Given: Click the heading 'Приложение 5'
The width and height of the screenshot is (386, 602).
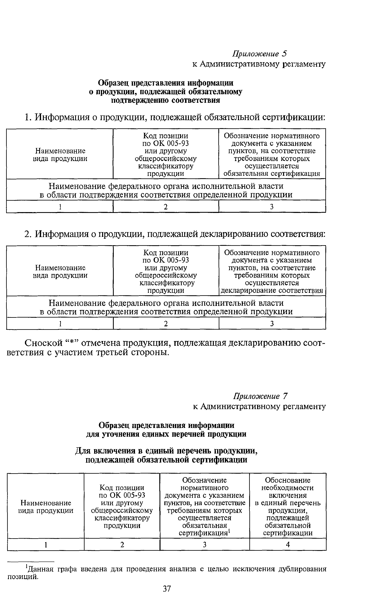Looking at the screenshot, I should pos(260,54).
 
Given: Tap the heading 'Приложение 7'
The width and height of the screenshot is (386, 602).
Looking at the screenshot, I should pos(260,396).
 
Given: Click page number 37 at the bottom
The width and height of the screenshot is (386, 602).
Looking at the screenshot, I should pos(167,589).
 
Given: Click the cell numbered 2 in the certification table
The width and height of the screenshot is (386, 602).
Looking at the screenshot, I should pos(166,207).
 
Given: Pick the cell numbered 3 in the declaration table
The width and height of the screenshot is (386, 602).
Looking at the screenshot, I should pos(272,324).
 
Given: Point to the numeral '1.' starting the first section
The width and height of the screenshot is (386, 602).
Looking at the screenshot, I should pos(28,117).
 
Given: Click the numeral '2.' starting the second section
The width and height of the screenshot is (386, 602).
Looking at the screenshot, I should pos(28,234).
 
